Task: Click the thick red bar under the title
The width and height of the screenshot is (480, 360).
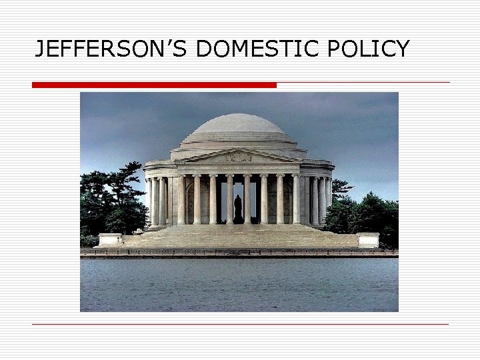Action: click(x=154, y=85)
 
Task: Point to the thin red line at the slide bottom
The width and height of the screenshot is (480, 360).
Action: click(x=240, y=324)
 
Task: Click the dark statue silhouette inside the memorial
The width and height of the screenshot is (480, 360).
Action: click(x=238, y=209)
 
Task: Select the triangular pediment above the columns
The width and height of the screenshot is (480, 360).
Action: click(x=238, y=157)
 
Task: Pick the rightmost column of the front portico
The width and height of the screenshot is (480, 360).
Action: click(x=295, y=199)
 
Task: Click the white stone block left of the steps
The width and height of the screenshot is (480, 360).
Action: click(x=110, y=239)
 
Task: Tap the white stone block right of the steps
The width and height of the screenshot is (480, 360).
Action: click(x=367, y=239)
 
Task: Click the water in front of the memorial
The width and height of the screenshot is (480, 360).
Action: click(x=239, y=283)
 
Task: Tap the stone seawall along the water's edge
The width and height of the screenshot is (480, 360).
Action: click(x=239, y=253)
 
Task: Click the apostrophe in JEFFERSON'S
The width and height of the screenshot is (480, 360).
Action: click(x=182, y=42)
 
